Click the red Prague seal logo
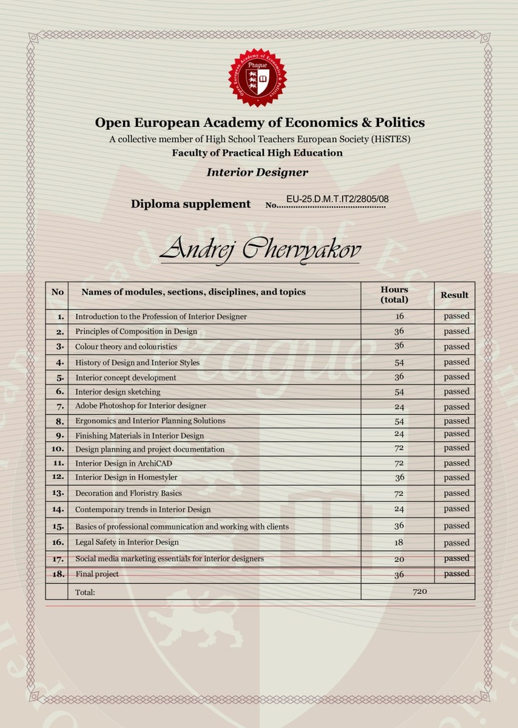pos(257,76)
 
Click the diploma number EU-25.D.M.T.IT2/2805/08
pos(337,199)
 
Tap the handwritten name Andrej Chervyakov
pos(260,249)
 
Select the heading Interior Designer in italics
pos(257,172)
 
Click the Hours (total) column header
pos(394,295)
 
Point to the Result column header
pos(454,295)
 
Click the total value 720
pos(420,591)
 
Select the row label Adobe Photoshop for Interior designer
pos(141,406)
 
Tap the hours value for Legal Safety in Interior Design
pos(399,542)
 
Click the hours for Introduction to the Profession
pos(399,316)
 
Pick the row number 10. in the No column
pos(58,449)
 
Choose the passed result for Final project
pos(456,573)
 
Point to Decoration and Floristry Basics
pos(129,493)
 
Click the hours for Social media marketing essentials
pos(399,559)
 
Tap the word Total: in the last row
pos(85,591)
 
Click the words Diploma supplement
pos(190,204)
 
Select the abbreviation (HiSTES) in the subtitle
pos(390,139)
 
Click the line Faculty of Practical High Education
pos(257,153)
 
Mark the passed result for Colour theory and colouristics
pos(456,346)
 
